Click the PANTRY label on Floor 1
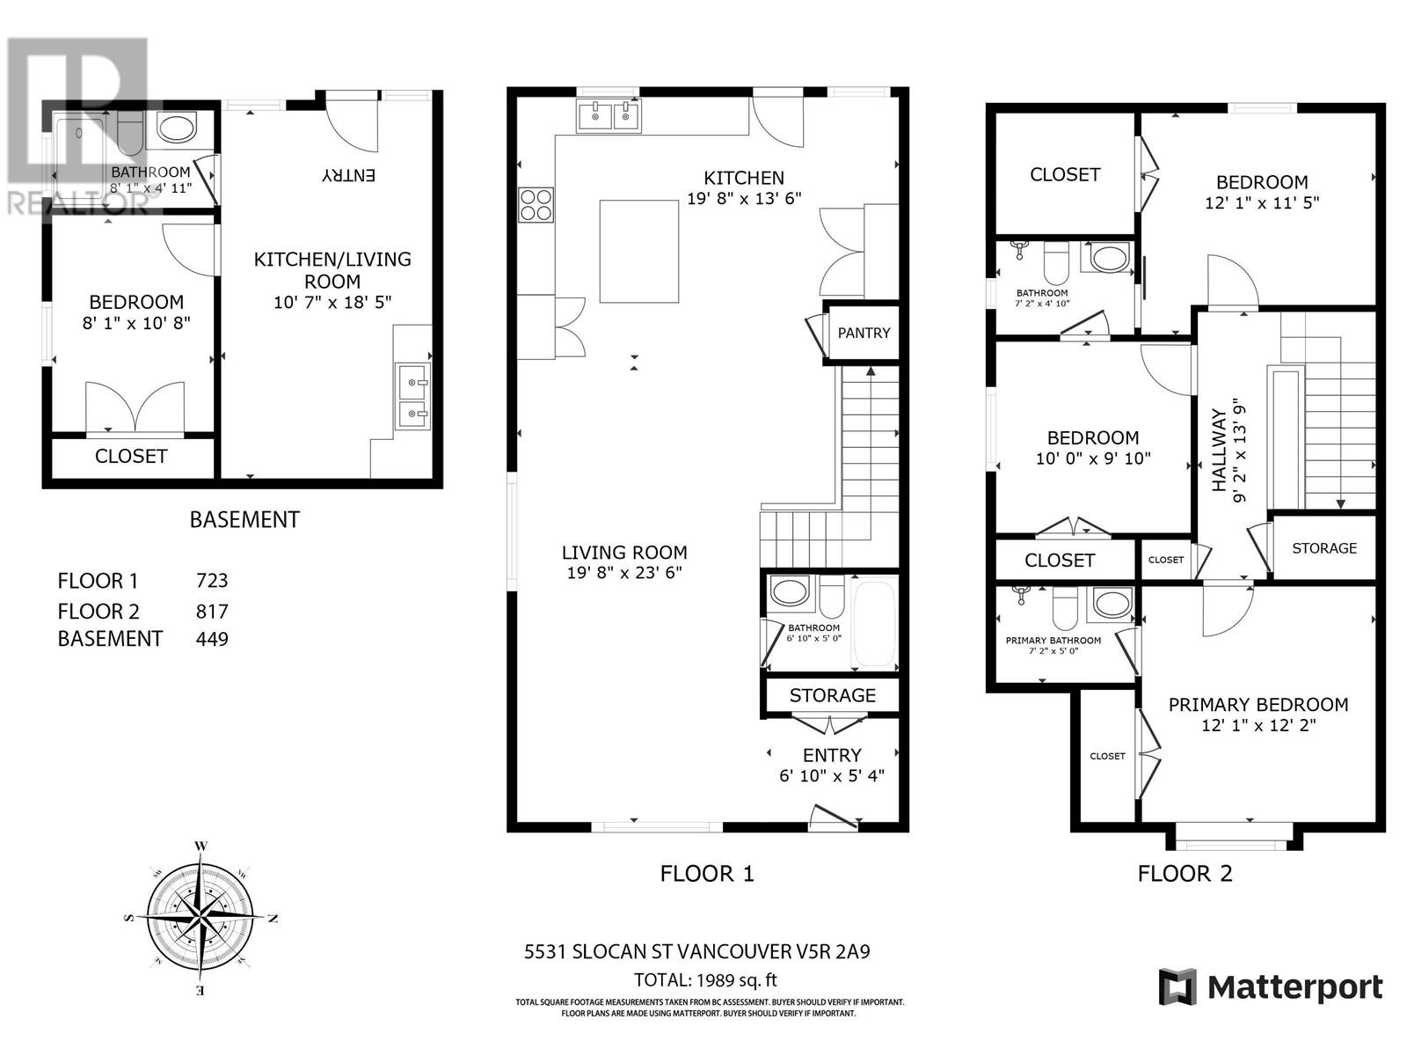pos(864,333)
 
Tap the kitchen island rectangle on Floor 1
pos(639,251)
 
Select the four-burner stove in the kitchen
pos(536,205)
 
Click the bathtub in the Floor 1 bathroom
pos(874,624)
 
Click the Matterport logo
pos(1270,986)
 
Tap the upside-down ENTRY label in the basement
pos(349,175)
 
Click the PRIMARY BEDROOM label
pos(1258,704)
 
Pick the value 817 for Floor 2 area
pos(212,611)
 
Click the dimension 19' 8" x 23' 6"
pos(624,573)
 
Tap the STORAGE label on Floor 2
pos(1323,547)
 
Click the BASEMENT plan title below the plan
pos(244,519)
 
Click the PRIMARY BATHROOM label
pos(1053,640)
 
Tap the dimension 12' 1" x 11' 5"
pos(1261,202)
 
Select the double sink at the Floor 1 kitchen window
pos(609,115)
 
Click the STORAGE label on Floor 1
pos(832,695)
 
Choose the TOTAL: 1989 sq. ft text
pos(705,979)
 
